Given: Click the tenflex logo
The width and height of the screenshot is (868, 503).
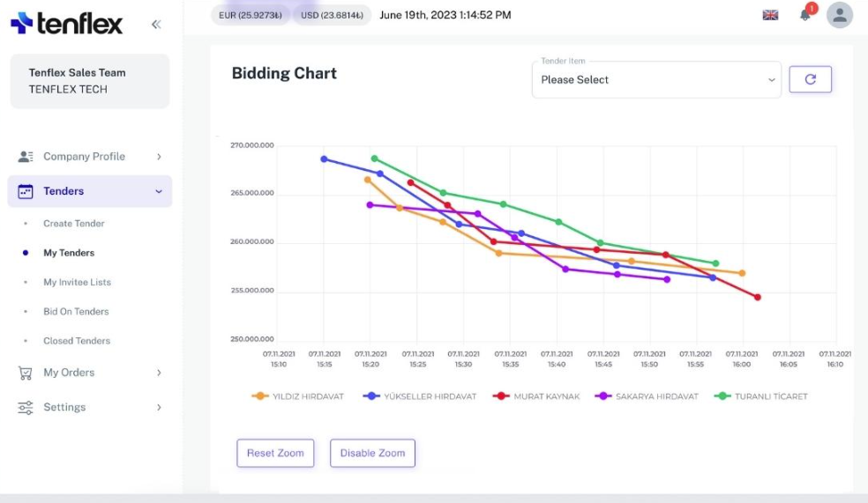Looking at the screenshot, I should coord(67,24).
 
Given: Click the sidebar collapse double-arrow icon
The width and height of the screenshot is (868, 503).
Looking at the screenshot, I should coord(156,25).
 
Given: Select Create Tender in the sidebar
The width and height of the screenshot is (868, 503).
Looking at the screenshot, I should coord(74,224).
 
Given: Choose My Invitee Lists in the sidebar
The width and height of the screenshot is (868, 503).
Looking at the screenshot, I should coord(77,282).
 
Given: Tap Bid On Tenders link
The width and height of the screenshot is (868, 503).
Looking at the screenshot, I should coord(76,312).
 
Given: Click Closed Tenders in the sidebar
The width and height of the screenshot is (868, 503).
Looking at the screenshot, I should coord(77,341).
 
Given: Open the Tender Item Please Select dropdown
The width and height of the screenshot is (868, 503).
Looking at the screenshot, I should coord(656,80).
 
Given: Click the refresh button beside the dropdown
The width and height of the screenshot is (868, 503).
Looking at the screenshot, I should coord(810,79).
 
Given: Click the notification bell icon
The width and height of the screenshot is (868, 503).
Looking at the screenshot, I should coord(805,15).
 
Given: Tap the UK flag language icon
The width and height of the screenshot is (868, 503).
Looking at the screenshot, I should coord(770,15).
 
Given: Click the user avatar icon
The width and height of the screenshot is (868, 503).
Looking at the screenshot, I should coord(840,15).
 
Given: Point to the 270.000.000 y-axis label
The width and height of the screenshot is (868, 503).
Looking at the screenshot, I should coord(252,145).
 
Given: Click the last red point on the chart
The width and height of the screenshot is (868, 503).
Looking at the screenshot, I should coord(757,297).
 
